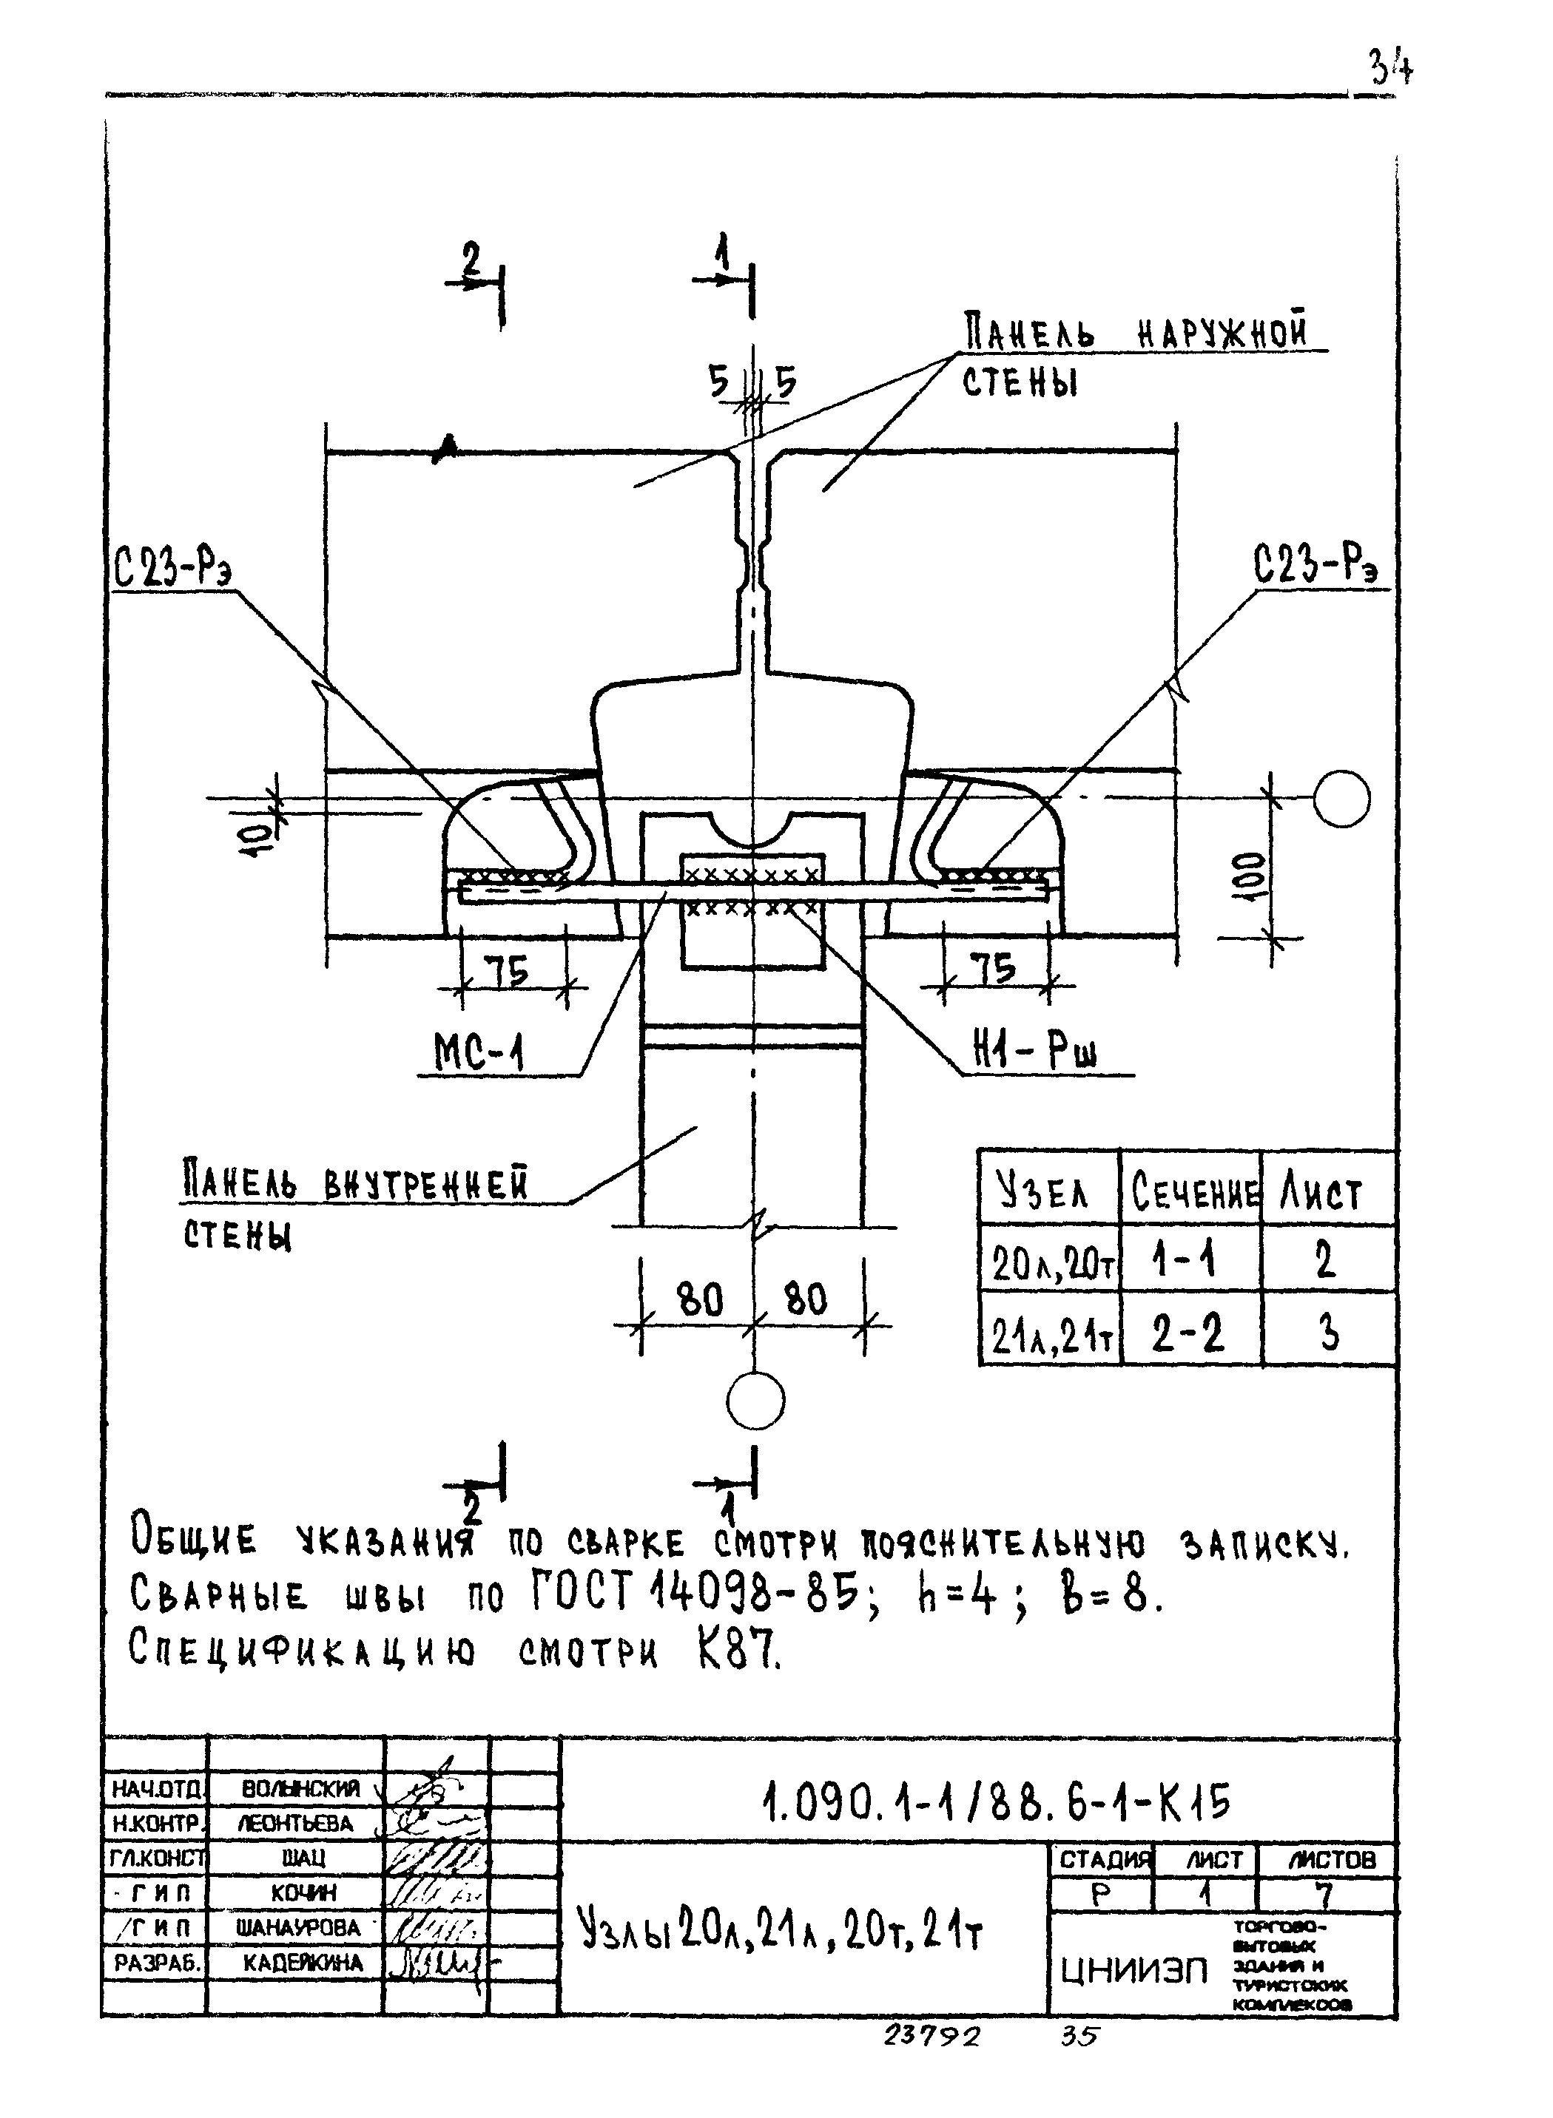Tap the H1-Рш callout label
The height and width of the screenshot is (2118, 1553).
click(1035, 1052)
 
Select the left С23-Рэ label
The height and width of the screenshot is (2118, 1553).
click(173, 566)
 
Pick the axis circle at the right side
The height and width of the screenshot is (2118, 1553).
click(1341, 798)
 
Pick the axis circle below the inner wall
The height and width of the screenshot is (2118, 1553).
click(755, 1400)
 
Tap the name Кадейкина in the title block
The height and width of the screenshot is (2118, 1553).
click(303, 1962)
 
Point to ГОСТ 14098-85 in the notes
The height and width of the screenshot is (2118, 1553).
click(695, 1591)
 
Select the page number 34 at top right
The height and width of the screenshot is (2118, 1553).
click(1390, 67)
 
